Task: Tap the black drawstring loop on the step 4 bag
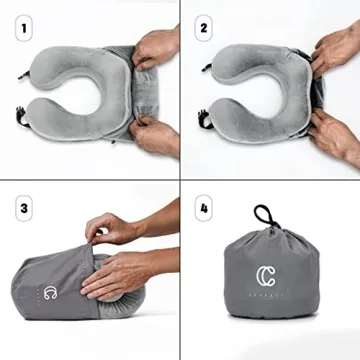(x=265, y=216)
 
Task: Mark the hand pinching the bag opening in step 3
(x=112, y=231)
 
